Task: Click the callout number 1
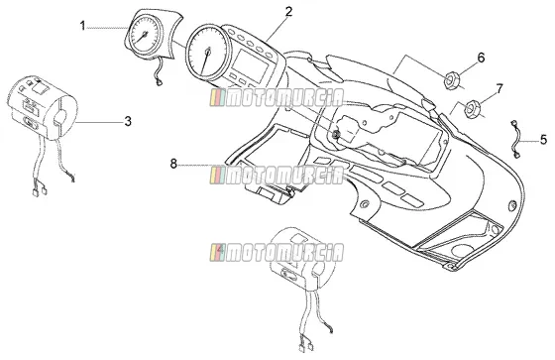(x=82, y=26)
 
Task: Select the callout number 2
(x=288, y=12)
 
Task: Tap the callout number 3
(x=128, y=121)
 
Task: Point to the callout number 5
(x=543, y=139)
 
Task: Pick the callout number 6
(x=481, y=58)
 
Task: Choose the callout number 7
(x=499, y=88)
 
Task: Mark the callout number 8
(x=173, y=164)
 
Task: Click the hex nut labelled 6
(x=451, y=80)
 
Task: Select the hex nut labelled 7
(x=472, y=109)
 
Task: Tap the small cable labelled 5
(x=514, y=139)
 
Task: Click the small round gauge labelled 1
(x=144, y=35)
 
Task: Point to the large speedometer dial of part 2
(x=208, y=53)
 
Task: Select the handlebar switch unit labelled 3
(x=43, y=107)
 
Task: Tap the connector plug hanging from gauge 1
(x=158, y=83)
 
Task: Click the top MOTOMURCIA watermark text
(x=277, y=98)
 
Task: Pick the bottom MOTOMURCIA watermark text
(x=277, y=253)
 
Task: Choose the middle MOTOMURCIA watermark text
(x=277, y=175)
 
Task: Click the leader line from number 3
(x=99, y=122)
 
